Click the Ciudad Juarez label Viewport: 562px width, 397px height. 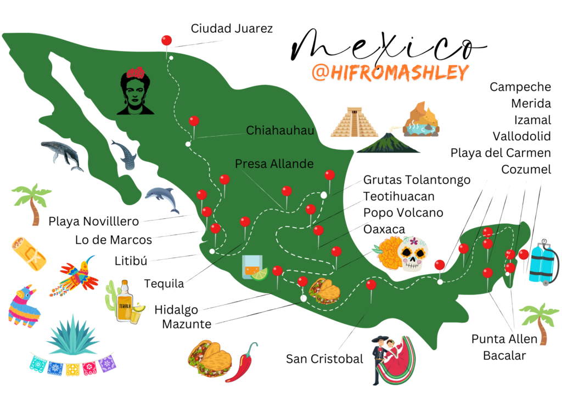(232, 28)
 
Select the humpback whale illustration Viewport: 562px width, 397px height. (61, 153)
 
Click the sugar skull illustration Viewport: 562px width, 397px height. (411, 254)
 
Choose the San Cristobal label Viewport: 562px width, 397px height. (324, 359)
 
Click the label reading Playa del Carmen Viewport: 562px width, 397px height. (501, 152)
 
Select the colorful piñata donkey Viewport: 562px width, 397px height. (23, 305)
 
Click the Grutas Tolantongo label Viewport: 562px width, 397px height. (417, 179)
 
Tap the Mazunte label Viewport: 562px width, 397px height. (187, 324)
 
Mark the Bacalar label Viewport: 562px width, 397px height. (504, 355)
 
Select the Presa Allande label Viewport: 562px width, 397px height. (274, 163)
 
